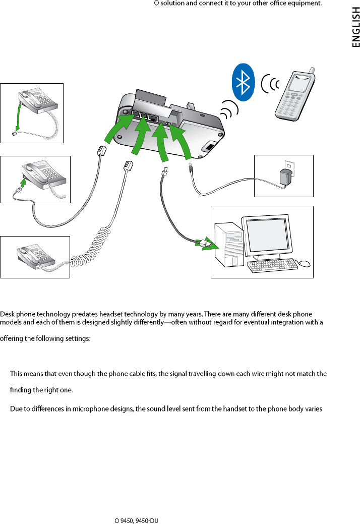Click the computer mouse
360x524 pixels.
304,263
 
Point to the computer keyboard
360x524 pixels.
272,265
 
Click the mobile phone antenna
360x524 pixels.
312,71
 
